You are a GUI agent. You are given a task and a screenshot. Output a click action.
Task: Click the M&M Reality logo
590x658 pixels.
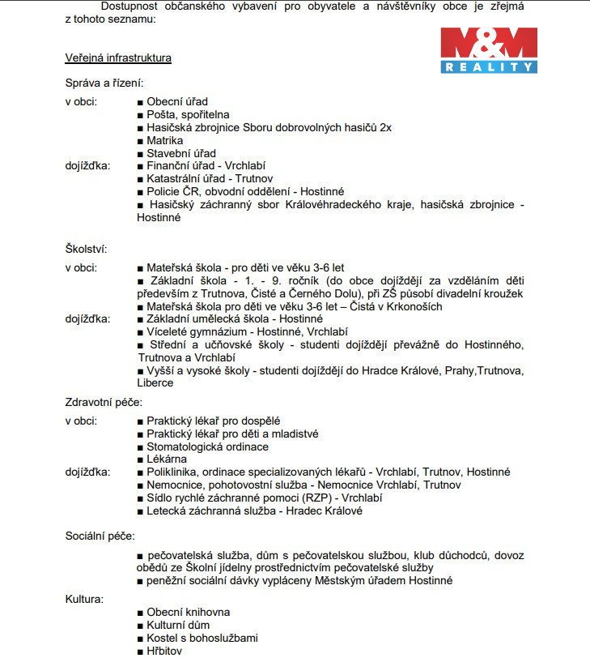tap(488, 50)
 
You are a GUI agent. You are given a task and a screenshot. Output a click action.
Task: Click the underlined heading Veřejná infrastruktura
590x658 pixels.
tap(118, 58)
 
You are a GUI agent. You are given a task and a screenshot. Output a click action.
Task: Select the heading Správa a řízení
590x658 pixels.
tap(104, 83)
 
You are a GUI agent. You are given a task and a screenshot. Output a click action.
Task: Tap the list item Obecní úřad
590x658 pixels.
tap(176, 102)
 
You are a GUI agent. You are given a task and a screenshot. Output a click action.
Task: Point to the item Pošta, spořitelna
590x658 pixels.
tap(188, 115)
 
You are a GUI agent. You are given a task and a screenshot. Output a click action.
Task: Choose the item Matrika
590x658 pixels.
tap(165, 140)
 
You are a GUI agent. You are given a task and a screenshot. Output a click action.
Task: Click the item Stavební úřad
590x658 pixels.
tap(180, 153)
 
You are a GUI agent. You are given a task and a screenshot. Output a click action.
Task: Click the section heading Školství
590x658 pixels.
tap(86, 249)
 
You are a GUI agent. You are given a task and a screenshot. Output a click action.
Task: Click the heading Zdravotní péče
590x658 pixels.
tap(104, 402)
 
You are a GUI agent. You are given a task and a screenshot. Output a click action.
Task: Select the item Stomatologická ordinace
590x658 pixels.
tap(207, 446)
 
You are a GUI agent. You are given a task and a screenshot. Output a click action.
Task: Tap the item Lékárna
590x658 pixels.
tap(167, 459)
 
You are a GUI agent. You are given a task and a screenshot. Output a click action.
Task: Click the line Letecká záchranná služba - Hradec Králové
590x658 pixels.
tap(254, 511)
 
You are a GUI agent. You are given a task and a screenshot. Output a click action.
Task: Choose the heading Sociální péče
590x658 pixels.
tap(100, 536)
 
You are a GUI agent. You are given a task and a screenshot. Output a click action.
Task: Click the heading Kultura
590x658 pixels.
tap(84, 599)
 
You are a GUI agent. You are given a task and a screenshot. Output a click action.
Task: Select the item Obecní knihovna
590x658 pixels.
tap(188, 613)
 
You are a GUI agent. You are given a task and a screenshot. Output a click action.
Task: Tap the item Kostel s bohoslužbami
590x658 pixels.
tap(202, 638)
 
